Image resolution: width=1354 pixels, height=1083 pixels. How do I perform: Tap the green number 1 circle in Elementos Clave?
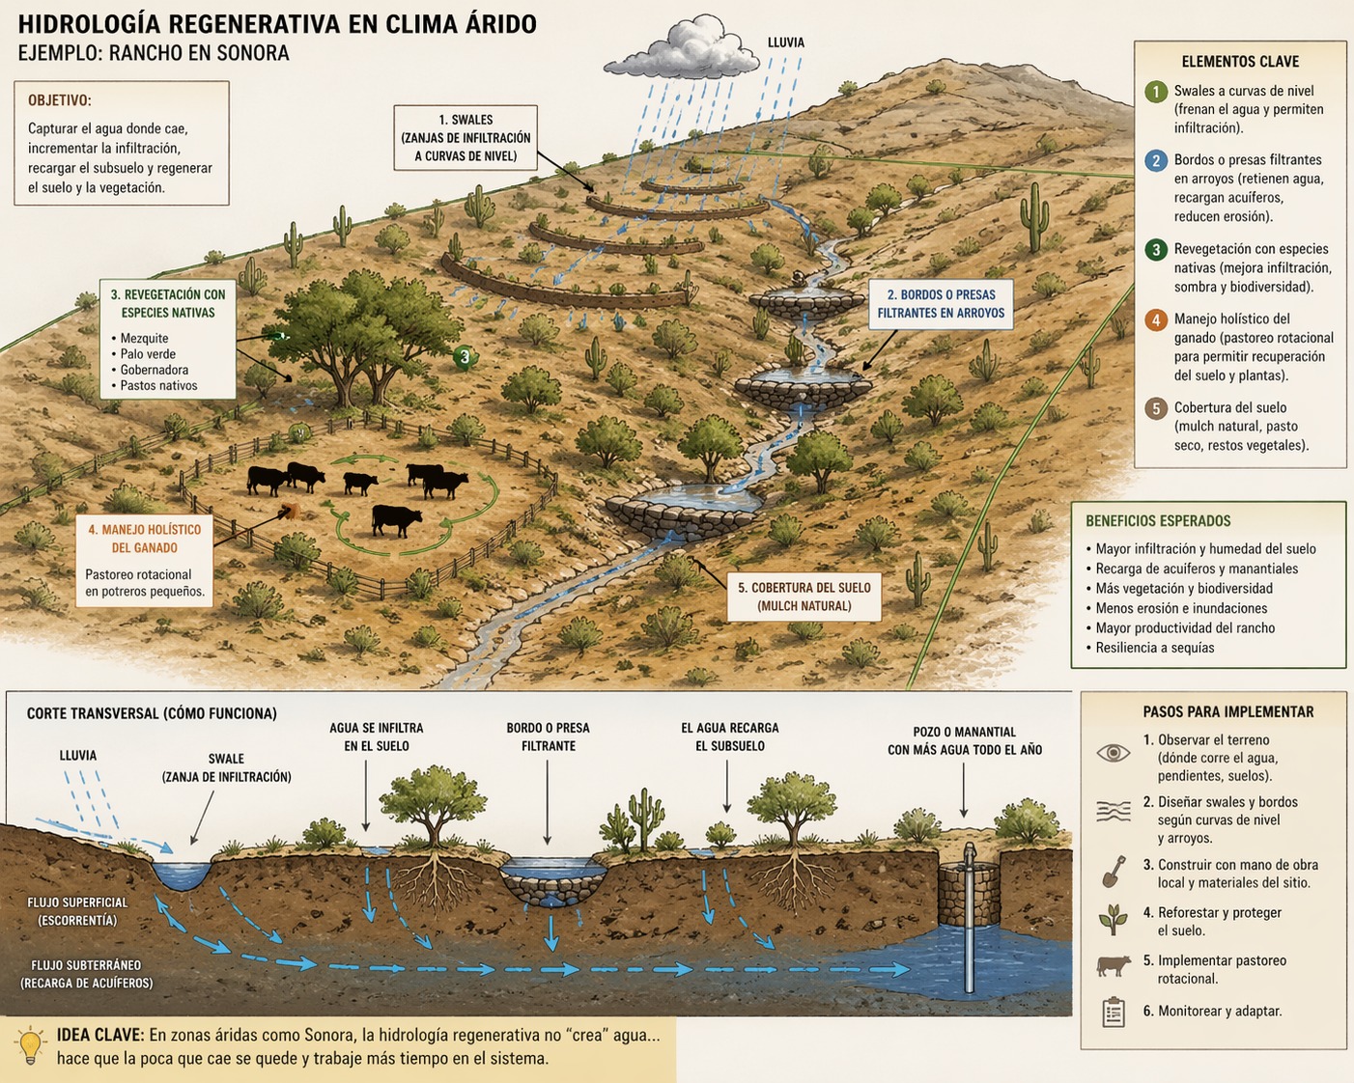pyautogui.click(x=1156, y=92)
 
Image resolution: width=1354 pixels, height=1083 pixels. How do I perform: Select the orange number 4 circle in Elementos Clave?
pyautogui.click(x=1156, y=319)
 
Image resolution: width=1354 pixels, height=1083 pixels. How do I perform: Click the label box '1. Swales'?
pyautogui.click(x=465, y=138)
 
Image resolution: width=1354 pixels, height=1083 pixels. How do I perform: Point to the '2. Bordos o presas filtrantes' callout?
pyautogui.click(x=941, y=304)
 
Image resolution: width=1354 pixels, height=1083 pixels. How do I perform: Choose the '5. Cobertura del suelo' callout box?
pyautogui.click(x=804, y=597)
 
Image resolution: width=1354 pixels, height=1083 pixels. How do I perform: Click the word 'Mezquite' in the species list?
pyautogui.click(x=144, y=339)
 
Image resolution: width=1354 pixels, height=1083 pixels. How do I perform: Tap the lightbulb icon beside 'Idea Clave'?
pyautogui.click(x=31, y=1045)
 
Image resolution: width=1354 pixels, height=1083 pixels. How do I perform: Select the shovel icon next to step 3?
pyautogui.click(x=1114, y=872)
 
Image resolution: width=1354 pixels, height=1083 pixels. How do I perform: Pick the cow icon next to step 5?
pyautogui.click(x=1114, y=965)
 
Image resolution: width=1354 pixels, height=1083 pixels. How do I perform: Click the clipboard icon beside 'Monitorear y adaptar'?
pyautogui.click(x=1114, y=1012)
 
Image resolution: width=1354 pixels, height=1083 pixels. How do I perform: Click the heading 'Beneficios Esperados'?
pyautogui.click(x=1158, y=521)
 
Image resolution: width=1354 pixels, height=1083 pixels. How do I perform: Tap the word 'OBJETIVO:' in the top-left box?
pyautogui.click(x=60, y=100)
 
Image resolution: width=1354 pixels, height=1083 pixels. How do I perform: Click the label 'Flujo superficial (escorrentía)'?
pyautogui.click(x=77, y=911)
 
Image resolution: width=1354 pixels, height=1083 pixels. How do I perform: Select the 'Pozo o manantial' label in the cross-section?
pyautogui.click(x=964, y=740)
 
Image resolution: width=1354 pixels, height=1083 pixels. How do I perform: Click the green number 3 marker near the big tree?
pyautogui.click(x=465, y=357)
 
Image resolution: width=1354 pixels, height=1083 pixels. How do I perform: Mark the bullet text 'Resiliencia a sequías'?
pyautogui.click(x=1154, y=648)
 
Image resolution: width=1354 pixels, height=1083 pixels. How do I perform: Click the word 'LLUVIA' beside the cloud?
pyautogui.click(x=786, y=42)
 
